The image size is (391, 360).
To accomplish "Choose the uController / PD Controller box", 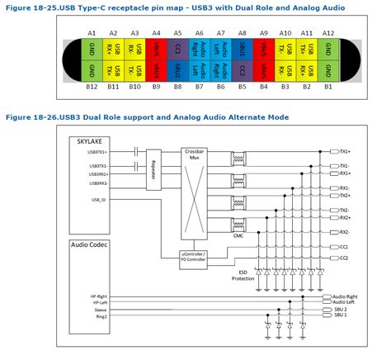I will tap(199, 255).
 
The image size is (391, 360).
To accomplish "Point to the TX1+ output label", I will tap(345, 152).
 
